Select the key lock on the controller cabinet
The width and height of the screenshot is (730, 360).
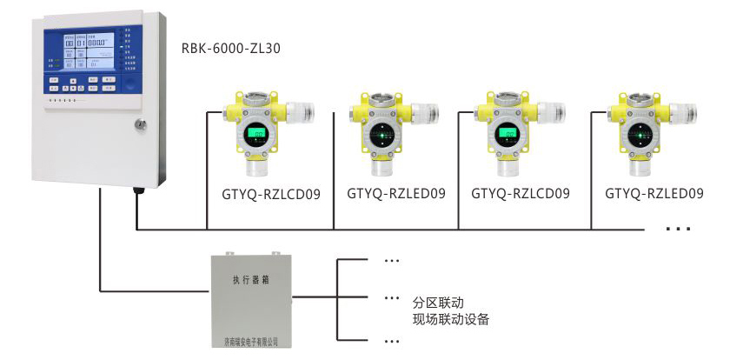click(x=139, y=126)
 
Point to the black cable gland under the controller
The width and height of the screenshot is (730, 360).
click(x=137, y=190)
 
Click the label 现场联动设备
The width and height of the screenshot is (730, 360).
click(x=452, y=320)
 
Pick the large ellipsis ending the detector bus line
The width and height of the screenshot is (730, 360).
click(x=677, y=229)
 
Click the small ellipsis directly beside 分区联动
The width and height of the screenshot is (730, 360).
click(x=391, y=298)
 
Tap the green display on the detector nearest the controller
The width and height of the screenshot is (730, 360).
click(x=257, y=134)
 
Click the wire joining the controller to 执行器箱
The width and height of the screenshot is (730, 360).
click(x=102, y=252)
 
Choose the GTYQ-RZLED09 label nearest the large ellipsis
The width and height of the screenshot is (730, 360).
click(x=654, y=193)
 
